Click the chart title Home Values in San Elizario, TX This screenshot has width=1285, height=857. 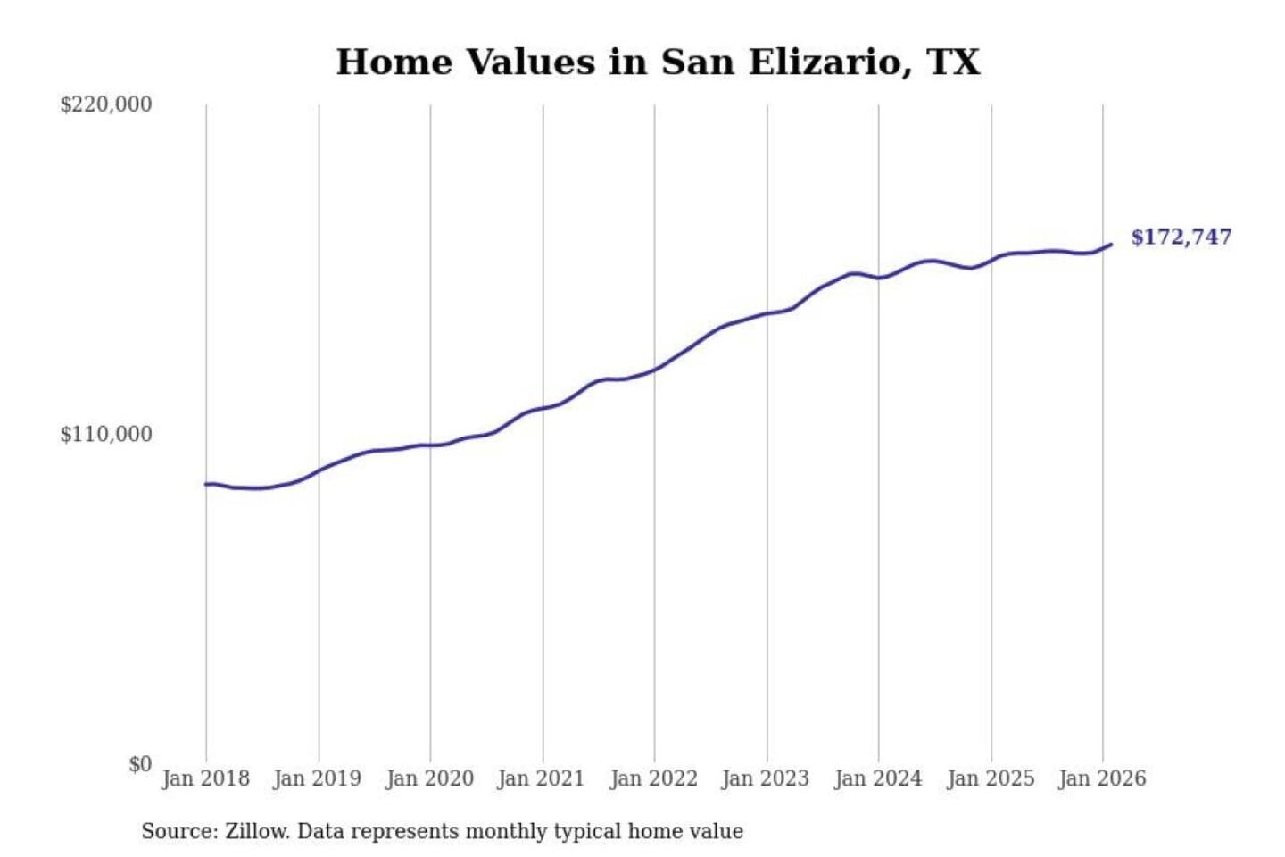click(658, 62)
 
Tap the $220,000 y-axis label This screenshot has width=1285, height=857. click(105, 104)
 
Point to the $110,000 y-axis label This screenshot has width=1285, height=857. click(105, 435)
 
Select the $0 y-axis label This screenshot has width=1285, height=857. click(139, 764)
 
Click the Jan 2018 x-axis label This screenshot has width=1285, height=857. click(205, 778)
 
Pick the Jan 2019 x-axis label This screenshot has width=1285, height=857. click(317, 778)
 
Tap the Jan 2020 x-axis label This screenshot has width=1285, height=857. click(429, 778)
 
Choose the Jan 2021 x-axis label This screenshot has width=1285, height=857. click(541, 778)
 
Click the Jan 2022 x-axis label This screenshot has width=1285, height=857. click(653, 778)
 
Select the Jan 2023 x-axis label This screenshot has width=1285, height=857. click(765, 778)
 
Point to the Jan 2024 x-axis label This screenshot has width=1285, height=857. click(877, 778)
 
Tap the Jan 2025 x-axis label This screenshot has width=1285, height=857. click(990, 778)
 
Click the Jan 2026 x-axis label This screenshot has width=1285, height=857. click(1101, 778)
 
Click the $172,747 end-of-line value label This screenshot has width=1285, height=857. click(1181, 237)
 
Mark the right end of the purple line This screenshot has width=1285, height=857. click(1111, 244)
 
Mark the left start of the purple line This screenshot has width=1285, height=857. click(206, 484)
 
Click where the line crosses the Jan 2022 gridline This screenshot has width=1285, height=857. click(654, 369)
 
